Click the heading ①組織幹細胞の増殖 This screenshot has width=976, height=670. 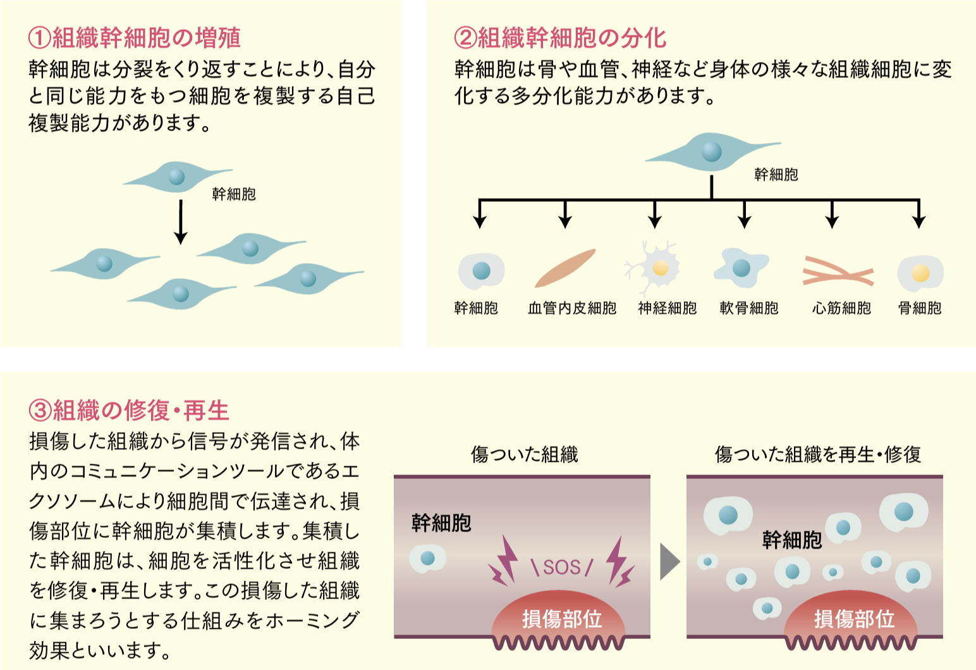(x=134, y=38)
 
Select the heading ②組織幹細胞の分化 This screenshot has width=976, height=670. (x=560, y=38)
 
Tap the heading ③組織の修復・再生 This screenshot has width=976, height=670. (x=128, y=411)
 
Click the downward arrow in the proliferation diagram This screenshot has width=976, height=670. (x=181, y=222)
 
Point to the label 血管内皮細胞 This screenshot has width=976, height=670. (x=571, y=308)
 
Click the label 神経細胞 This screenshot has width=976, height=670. (x=667, y=308)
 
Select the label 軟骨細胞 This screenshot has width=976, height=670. (x=748, y=308)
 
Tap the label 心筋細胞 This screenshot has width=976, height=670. (x=841, y=308)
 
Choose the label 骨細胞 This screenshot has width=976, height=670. (x=920, y=308)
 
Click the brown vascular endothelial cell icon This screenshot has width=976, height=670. (x=564, y=268)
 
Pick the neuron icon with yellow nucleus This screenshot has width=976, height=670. (x=657, y=268)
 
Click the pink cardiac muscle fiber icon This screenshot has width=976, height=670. (x=838, y=271)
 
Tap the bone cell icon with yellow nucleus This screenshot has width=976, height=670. (x=920, y=273)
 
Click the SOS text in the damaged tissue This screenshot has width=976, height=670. (x=562, y=567)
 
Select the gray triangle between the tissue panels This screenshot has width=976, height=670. (x=669, y=561)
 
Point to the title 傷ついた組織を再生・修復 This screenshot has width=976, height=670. (x=817, y=454)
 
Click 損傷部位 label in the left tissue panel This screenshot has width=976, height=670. (x=562, y=619)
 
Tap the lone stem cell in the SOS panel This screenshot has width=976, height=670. (x=428, y=558)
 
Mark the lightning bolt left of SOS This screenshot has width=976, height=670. (x=503, y=561)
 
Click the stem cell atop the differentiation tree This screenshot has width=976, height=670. (x=712, y=152)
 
